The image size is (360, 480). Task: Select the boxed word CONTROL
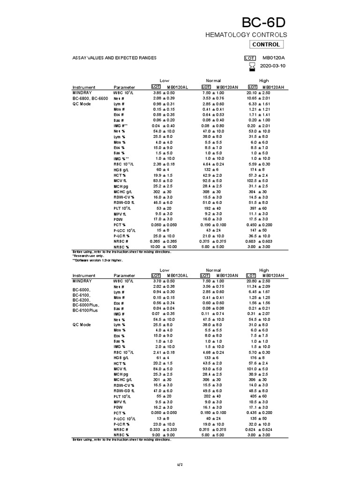266,45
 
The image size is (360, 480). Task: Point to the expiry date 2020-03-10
272,66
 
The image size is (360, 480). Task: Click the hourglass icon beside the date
252,67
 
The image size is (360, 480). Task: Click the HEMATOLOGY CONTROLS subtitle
247,35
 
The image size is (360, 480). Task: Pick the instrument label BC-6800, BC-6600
90,98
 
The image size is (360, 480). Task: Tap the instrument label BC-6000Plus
86,305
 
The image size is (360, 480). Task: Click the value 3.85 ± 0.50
164,93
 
